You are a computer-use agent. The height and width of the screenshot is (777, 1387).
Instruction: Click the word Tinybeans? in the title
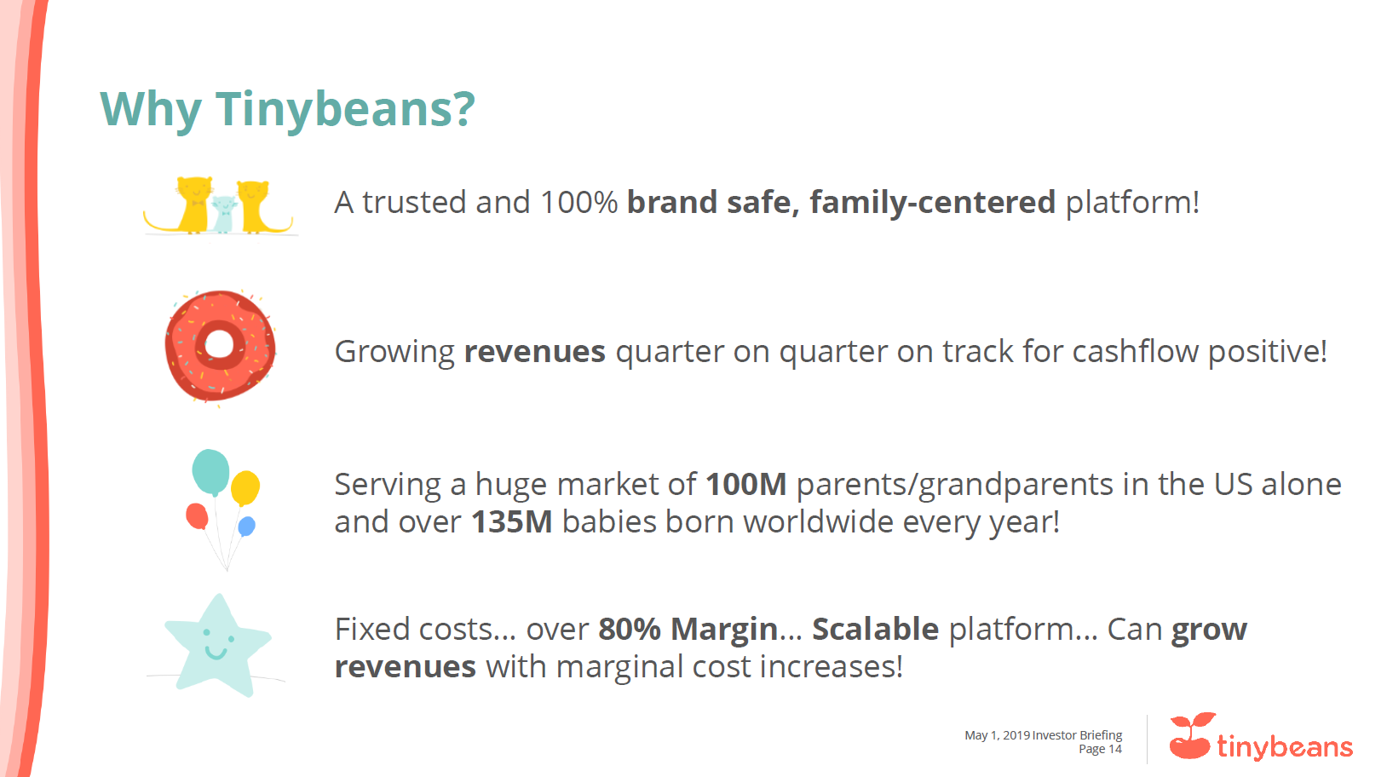click(x=346, y=110)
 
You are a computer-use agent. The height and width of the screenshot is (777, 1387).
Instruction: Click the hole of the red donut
click(x=219, y=344)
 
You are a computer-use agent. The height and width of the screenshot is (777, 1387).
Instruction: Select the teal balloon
click(x=210, y=472)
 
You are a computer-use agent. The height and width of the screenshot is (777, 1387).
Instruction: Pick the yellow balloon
click(x=245, y=488)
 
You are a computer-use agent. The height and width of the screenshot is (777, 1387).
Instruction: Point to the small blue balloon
click(x=246, y=527)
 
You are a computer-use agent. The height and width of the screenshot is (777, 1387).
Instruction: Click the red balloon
click(x=197, y=516)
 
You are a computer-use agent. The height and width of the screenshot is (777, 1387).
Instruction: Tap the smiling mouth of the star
click(x=216, y=653)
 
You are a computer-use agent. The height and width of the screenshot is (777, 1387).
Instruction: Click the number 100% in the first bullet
click(x=579, y=203)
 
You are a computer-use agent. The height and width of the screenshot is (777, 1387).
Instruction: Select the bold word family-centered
click(x=933, y=203)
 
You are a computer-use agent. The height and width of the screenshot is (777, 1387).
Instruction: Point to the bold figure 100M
click(x=746, y=484)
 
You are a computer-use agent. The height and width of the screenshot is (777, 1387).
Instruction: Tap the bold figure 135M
click(x=511, y=521)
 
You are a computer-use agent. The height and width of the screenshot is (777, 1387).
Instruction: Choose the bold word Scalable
click(x=876, y=629)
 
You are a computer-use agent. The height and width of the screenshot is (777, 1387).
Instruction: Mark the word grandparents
click(x=1016, y=485)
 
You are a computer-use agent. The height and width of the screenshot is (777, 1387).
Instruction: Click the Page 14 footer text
click(x=1100, y=749)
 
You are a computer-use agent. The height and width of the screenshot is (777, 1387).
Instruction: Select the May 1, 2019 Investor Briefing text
click(x=1044, y=735)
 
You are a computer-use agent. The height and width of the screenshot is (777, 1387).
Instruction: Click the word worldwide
click(x=818, y=521)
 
